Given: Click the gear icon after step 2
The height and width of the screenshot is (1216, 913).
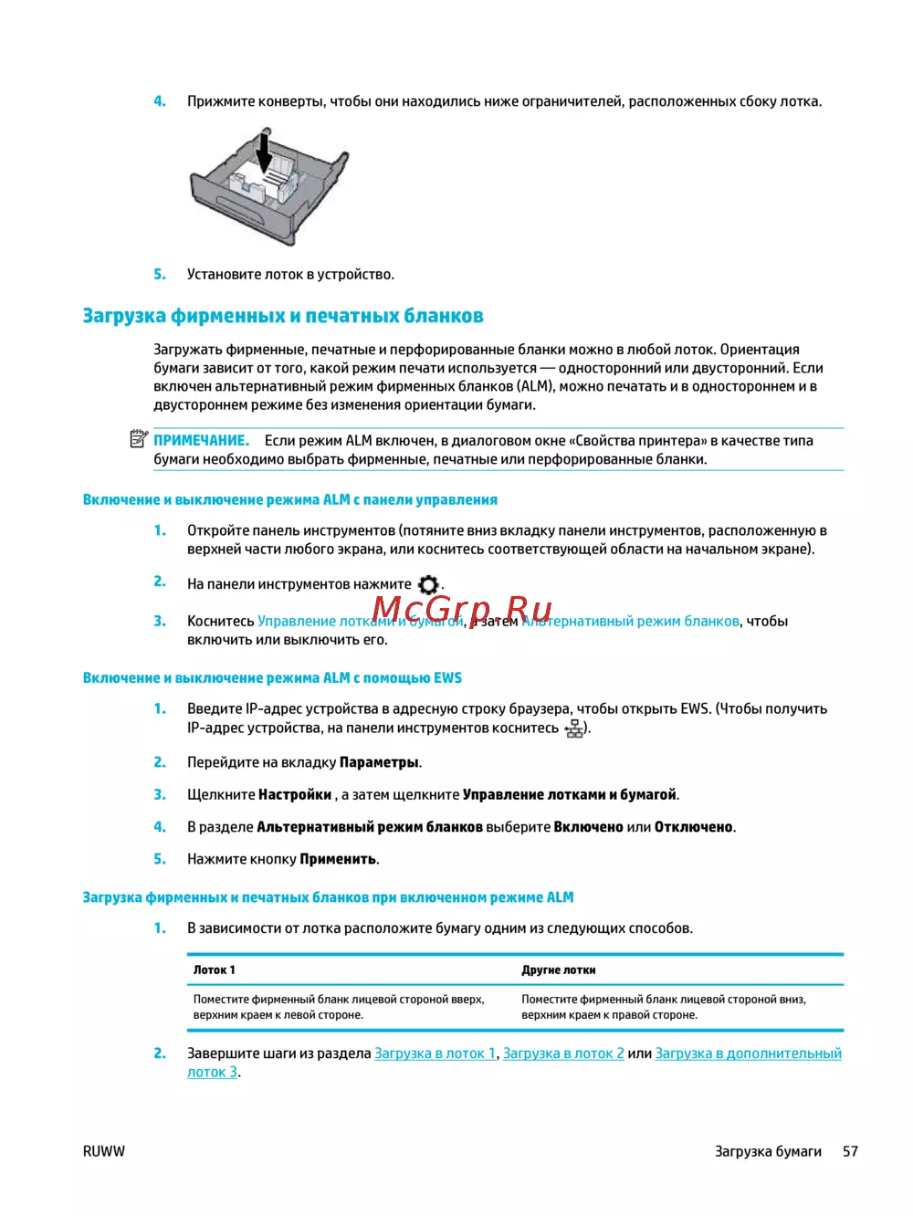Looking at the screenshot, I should click(x=428, y=584).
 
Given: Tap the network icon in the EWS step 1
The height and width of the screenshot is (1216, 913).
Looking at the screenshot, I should click(x=574, y=729).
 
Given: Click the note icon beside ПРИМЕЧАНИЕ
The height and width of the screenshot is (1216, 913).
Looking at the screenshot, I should click(x=139, y=440).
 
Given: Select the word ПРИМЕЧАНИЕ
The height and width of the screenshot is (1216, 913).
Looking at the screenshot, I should click(x=201, y=441).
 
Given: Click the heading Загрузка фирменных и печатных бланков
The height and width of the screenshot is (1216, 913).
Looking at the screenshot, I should click(x=283, y=316).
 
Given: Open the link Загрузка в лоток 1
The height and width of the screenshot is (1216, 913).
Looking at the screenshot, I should click(x=435, y=1054).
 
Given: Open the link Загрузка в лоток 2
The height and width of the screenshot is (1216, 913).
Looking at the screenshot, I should click(x=563, y=1054).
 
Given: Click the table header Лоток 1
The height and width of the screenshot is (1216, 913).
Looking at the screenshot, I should click(x=214, y=970).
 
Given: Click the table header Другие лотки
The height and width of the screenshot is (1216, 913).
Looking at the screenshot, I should click(x=558, y=970).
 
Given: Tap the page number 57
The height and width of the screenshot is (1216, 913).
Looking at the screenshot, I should click(x=850, y=1151).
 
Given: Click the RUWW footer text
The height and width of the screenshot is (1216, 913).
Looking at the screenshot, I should click(x=103, y=1151).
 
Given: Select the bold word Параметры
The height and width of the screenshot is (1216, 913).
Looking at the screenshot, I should click(x=379, y=762).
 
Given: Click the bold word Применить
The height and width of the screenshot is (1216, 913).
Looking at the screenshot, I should click(x=338, y=859).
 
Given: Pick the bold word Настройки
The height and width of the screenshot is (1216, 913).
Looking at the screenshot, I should click(x=295, y=794).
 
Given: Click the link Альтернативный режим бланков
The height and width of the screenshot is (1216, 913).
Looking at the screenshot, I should click(x=630, y=622).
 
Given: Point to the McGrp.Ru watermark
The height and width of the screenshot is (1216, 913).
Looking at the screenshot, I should click(x=462, y=608).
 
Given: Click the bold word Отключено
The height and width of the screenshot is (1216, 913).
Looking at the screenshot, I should click(x=693, y=827).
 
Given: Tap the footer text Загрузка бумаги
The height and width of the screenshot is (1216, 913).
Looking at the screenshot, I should click(x=768, y=1151).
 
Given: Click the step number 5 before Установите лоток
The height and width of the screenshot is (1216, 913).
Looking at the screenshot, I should click(x=160, y=274).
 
